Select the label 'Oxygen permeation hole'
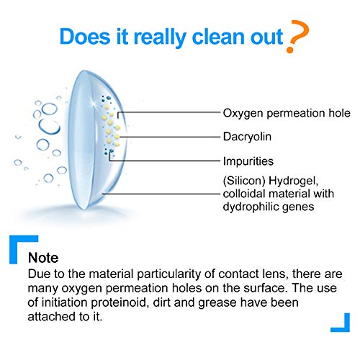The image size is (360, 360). point(286,113)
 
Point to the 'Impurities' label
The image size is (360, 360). point(248,161)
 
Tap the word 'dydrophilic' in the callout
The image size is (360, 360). point(245,207)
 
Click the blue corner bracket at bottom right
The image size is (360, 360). point(339,322)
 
